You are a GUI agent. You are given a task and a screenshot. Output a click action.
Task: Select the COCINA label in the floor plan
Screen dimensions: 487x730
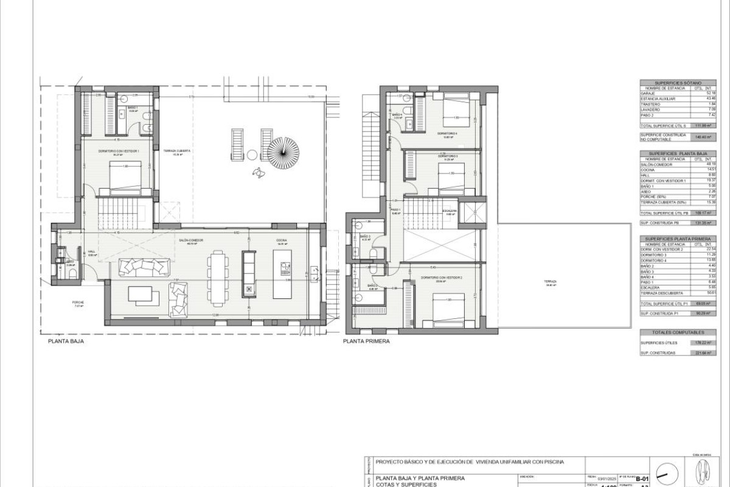tap(282, 240)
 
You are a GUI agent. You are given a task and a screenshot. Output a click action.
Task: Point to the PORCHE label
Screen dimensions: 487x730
tap(78, 303)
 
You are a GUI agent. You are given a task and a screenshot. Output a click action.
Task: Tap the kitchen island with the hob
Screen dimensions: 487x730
tap(282, 281)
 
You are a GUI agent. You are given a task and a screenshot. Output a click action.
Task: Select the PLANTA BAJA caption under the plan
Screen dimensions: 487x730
tap(66, 342)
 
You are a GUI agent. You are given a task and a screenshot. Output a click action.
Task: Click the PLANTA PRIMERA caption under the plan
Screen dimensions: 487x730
tap(366, 342)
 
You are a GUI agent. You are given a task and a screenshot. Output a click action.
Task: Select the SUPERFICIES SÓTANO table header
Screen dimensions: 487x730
tap(677, 82)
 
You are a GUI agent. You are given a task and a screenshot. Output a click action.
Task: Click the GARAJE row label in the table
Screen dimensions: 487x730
tap(648, 93)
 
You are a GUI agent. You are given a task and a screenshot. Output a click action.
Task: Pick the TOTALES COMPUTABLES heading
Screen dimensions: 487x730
tap(677, 332)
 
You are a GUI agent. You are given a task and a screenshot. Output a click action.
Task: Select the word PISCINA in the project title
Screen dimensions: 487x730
tap(550, 462)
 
